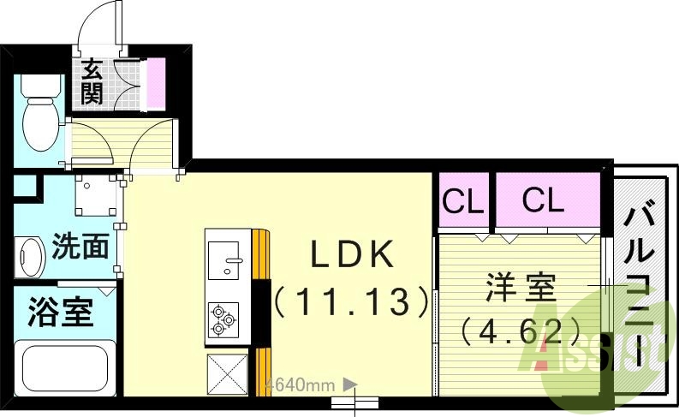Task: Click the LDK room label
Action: [x=351, y=254]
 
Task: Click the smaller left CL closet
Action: [x=463, y=202]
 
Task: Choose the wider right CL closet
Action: [x=545, y=201]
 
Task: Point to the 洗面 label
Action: [x=80, y=247]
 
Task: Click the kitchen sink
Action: [x=226, y=259]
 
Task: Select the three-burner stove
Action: [x=225, y=319]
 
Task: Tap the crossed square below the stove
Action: [x=227, y=373]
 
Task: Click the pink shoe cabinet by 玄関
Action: [x=157, y=83]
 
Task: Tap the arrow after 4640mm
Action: [x=348, y=385]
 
